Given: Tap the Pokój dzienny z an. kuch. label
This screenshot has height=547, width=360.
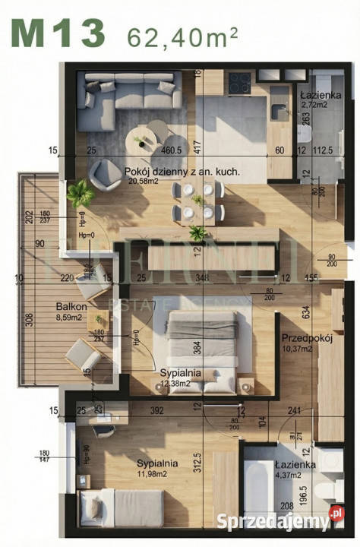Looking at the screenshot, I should point(182,172).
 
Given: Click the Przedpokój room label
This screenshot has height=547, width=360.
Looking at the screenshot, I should point(307,339).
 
